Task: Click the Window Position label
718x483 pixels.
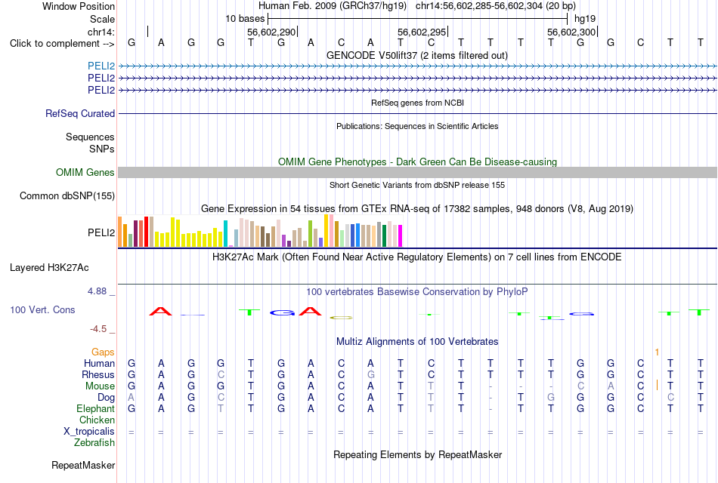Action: click(79, 6)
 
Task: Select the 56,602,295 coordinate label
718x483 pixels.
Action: click(421, 32)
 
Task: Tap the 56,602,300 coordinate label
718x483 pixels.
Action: click(571, 32)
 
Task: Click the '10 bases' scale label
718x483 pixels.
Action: click(245, 19)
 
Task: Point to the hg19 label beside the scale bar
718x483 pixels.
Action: click(585, 19)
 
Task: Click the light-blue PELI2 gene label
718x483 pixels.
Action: click(101, 66)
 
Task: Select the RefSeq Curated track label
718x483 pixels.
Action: click(80, 113)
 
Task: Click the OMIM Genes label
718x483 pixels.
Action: click(85, 172)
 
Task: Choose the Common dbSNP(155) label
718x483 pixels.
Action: click(67, 195)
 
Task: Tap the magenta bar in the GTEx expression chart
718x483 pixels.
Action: click(400, 236)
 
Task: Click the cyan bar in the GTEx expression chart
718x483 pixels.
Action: click(225, 234)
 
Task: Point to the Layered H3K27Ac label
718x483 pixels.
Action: click(49, 268)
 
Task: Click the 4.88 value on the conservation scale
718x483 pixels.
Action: click(97, 291)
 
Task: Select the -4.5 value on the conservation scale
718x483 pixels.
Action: click(98, 329)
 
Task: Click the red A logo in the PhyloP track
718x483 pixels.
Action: click(161, 312)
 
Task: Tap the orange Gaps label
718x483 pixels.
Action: click(103, 352)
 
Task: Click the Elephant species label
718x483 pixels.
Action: click(95, 408)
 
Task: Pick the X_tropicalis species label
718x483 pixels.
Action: click(89, 432)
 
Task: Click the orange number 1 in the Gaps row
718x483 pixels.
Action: click(657, 352)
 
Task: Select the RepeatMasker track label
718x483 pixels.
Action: click(83, 465)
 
